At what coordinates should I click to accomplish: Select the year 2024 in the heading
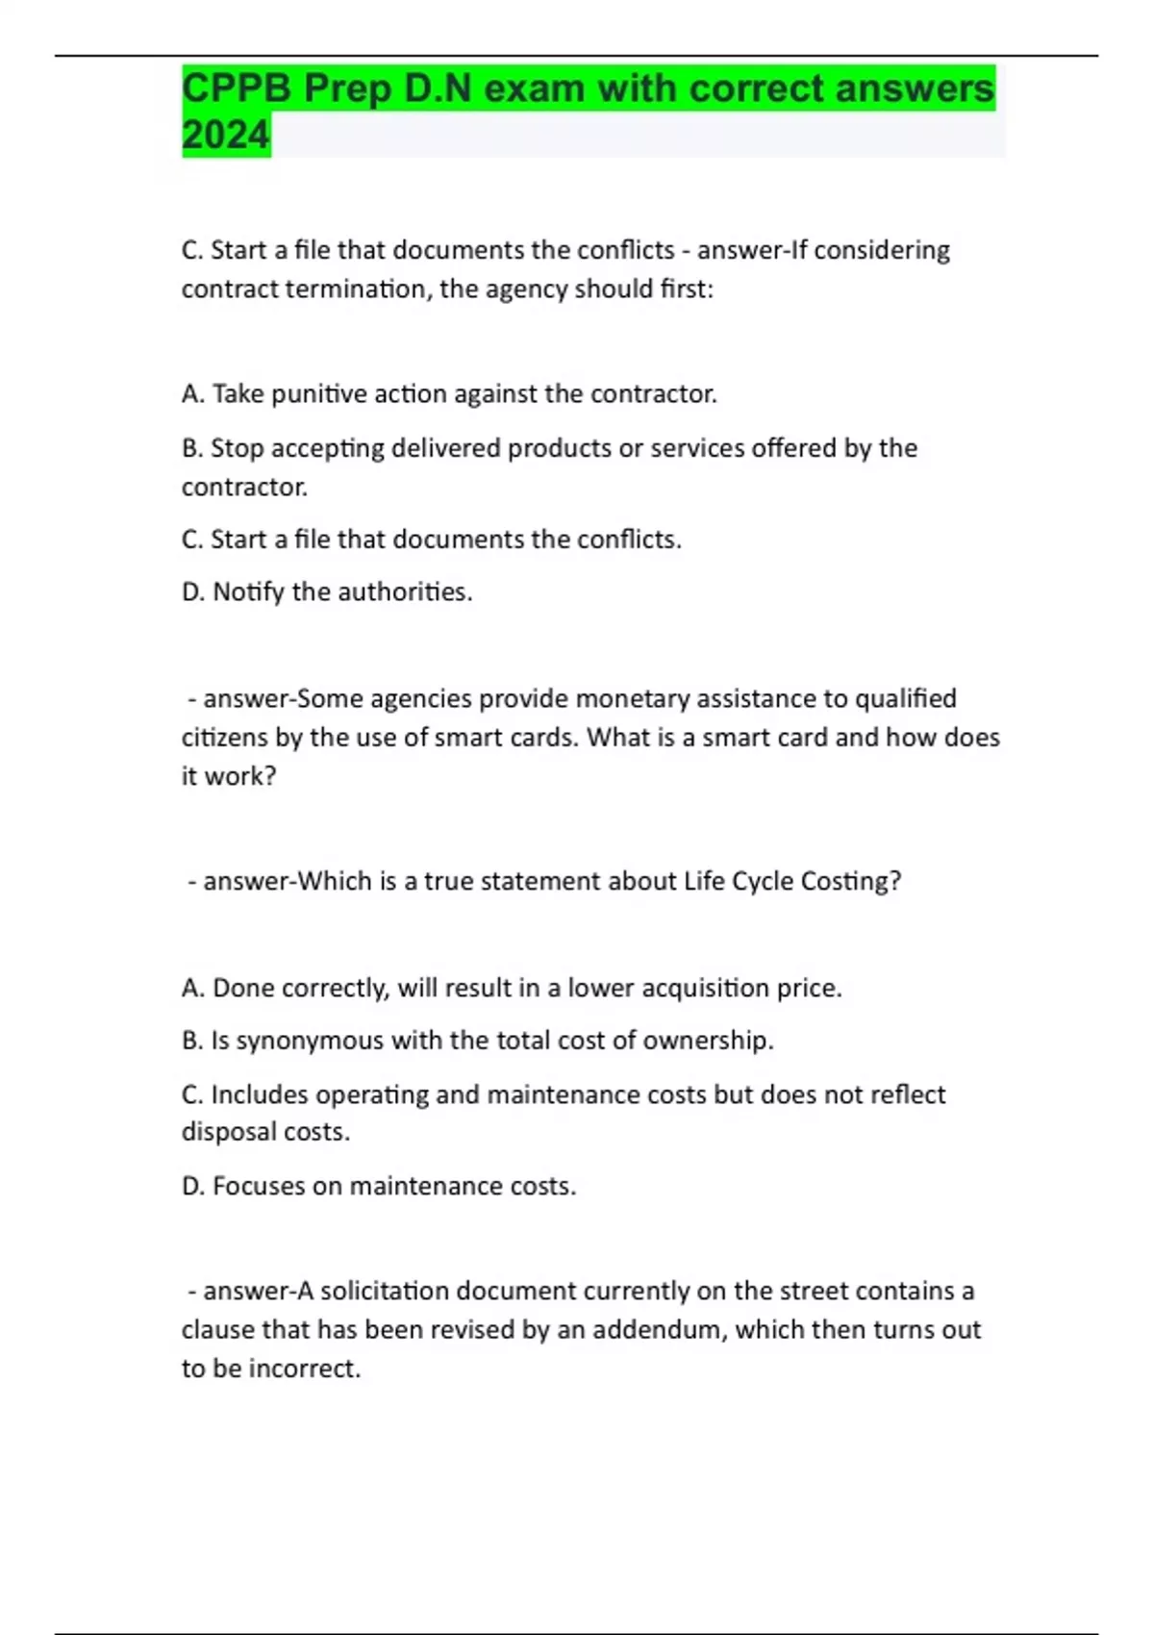(226, 136)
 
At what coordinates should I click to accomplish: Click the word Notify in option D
(248, 592)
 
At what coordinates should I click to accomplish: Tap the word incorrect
(304, 1369)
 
